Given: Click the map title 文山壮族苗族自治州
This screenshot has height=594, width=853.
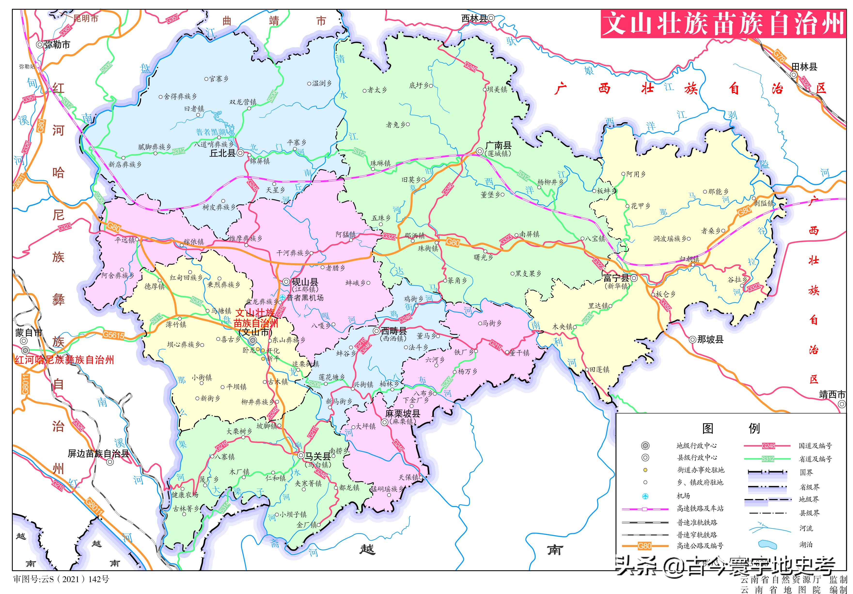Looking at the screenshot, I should click(x=723, y=24).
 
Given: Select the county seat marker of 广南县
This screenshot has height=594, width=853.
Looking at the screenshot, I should click(x=480, y=151).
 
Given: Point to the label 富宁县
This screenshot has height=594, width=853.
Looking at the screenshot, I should click(x=616, y=278).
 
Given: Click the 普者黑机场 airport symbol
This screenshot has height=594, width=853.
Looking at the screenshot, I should click(x=282, y=297).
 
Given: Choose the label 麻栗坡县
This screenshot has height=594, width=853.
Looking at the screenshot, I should click(x=403, y=413).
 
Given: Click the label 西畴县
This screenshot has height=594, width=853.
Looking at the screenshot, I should click(x=394, y=331).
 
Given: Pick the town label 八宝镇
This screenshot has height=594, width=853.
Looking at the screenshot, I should click(x=595, y=239).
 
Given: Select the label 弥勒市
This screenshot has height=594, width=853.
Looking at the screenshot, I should click(x=57, y=45).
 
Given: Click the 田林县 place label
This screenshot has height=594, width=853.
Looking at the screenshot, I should click(x=804, y=67).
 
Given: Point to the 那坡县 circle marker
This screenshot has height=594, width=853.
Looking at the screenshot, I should click(x=693, y=339).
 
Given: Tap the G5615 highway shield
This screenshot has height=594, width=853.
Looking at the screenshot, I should click(x=113, y=335).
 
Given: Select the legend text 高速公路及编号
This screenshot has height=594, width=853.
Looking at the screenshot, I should click(x=700, y=546).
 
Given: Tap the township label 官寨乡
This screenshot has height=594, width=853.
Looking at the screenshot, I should click(x=219, y=79).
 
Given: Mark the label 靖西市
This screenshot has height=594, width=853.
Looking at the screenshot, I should click(x=832, y=395).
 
